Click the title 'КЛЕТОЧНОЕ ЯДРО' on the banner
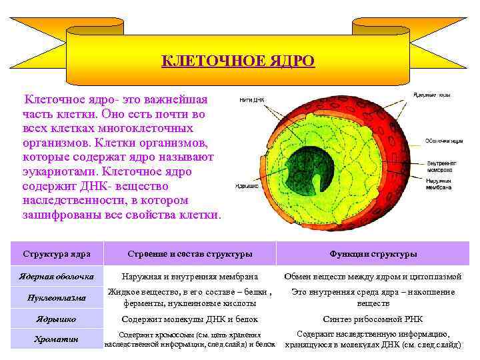click(239, 61)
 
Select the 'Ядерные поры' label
click(432, 95)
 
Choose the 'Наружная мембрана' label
click(441, 185)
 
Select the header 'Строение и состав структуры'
click(190, 254)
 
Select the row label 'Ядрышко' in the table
click(56, 319)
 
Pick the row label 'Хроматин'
click(56, 339)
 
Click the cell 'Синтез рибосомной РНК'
click(373, 319)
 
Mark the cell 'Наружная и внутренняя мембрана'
click(189, 277)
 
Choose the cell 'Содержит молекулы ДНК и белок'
click(190, 319)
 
